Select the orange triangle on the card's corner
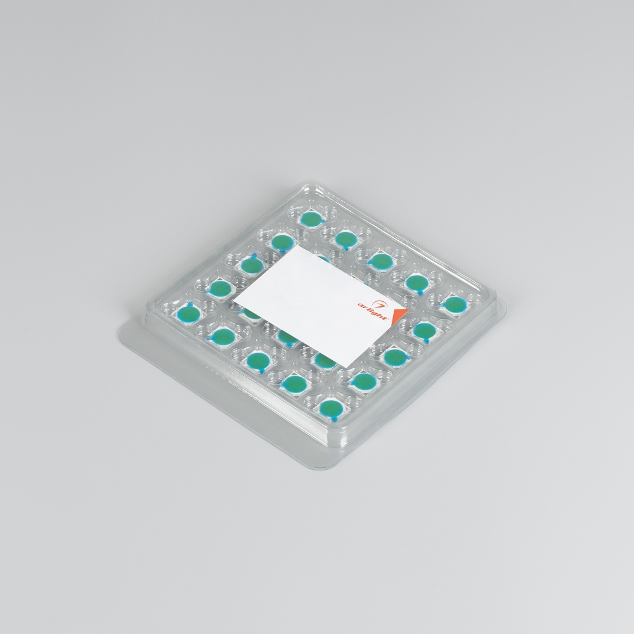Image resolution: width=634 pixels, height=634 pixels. pyautogui.click(x=398, y=316)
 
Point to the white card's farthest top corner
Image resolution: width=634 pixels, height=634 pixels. pyautogui.click(x=297, y=247)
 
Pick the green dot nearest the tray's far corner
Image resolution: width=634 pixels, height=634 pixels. pyautogui.click(x=311, y=219)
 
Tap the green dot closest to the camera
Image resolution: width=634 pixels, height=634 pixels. pyautogui.click(x=329, y=407)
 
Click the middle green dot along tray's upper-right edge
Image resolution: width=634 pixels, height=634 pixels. pyautogui.click(x=380, y=259)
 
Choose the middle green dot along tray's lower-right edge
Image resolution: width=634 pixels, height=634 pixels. pyautogui.click(x=395, y=356)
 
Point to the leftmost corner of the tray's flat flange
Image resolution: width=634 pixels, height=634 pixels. pyautogui.click(x=120, y=332)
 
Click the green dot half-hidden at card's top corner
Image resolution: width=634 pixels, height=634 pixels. pyautogui.click(x=322, y=257)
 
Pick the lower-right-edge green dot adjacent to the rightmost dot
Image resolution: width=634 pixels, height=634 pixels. pyautogui.click(x=424, y=329)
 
